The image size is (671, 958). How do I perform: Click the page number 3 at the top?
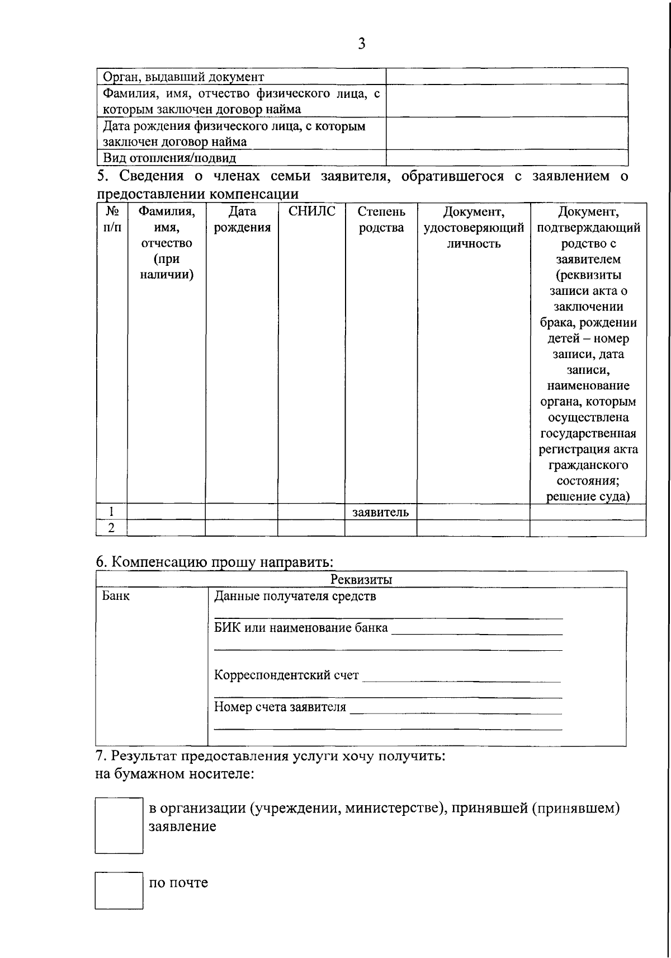click(361, 44)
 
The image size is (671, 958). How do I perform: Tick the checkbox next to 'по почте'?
click(119, 890)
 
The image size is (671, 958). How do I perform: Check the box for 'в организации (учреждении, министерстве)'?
click(119, 825)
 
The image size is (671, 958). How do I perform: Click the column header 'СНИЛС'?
click(311, 212)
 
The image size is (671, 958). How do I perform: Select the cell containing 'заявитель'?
click(380, 512)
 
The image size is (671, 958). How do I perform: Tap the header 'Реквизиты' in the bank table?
click(361, 580)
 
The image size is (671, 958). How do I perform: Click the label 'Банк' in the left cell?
click(116, 596)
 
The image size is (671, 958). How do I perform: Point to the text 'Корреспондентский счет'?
click(286, 675)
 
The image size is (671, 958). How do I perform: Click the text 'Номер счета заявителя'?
click(280, 707)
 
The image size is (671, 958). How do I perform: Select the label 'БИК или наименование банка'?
click(301, 627)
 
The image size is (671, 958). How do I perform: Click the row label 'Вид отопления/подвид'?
click(169, 158)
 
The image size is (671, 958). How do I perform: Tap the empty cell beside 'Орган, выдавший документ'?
click(507, 76)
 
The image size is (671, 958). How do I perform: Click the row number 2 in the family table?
click(111, 528)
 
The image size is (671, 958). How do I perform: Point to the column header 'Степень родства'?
click(381, 219)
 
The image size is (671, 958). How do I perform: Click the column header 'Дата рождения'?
click(242, 219)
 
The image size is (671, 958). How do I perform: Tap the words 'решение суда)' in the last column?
click(588, 496)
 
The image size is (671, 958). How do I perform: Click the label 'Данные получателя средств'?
click(295, 596)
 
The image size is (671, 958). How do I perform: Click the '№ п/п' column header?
click(112, 219)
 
